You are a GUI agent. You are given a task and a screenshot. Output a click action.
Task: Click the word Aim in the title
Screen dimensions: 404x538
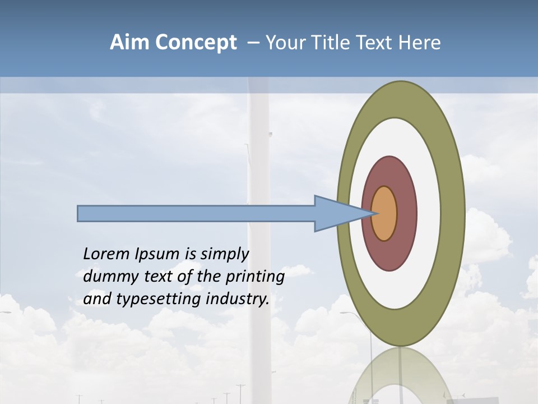(x=129, y=43)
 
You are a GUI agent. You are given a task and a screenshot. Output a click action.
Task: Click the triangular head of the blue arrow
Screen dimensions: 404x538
(x=336, y=213)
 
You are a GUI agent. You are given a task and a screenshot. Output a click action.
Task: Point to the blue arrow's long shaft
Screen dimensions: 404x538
(x=196, y=213)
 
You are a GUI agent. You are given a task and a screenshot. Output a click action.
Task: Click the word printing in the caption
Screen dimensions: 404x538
(x=254, y=277)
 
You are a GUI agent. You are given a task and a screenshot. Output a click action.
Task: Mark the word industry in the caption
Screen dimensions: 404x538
(x=238, y=299)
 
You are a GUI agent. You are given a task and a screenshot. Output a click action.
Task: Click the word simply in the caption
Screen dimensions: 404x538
(x=224, y=255)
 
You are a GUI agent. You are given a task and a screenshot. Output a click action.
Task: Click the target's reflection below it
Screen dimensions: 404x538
(x=401, y=376)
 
